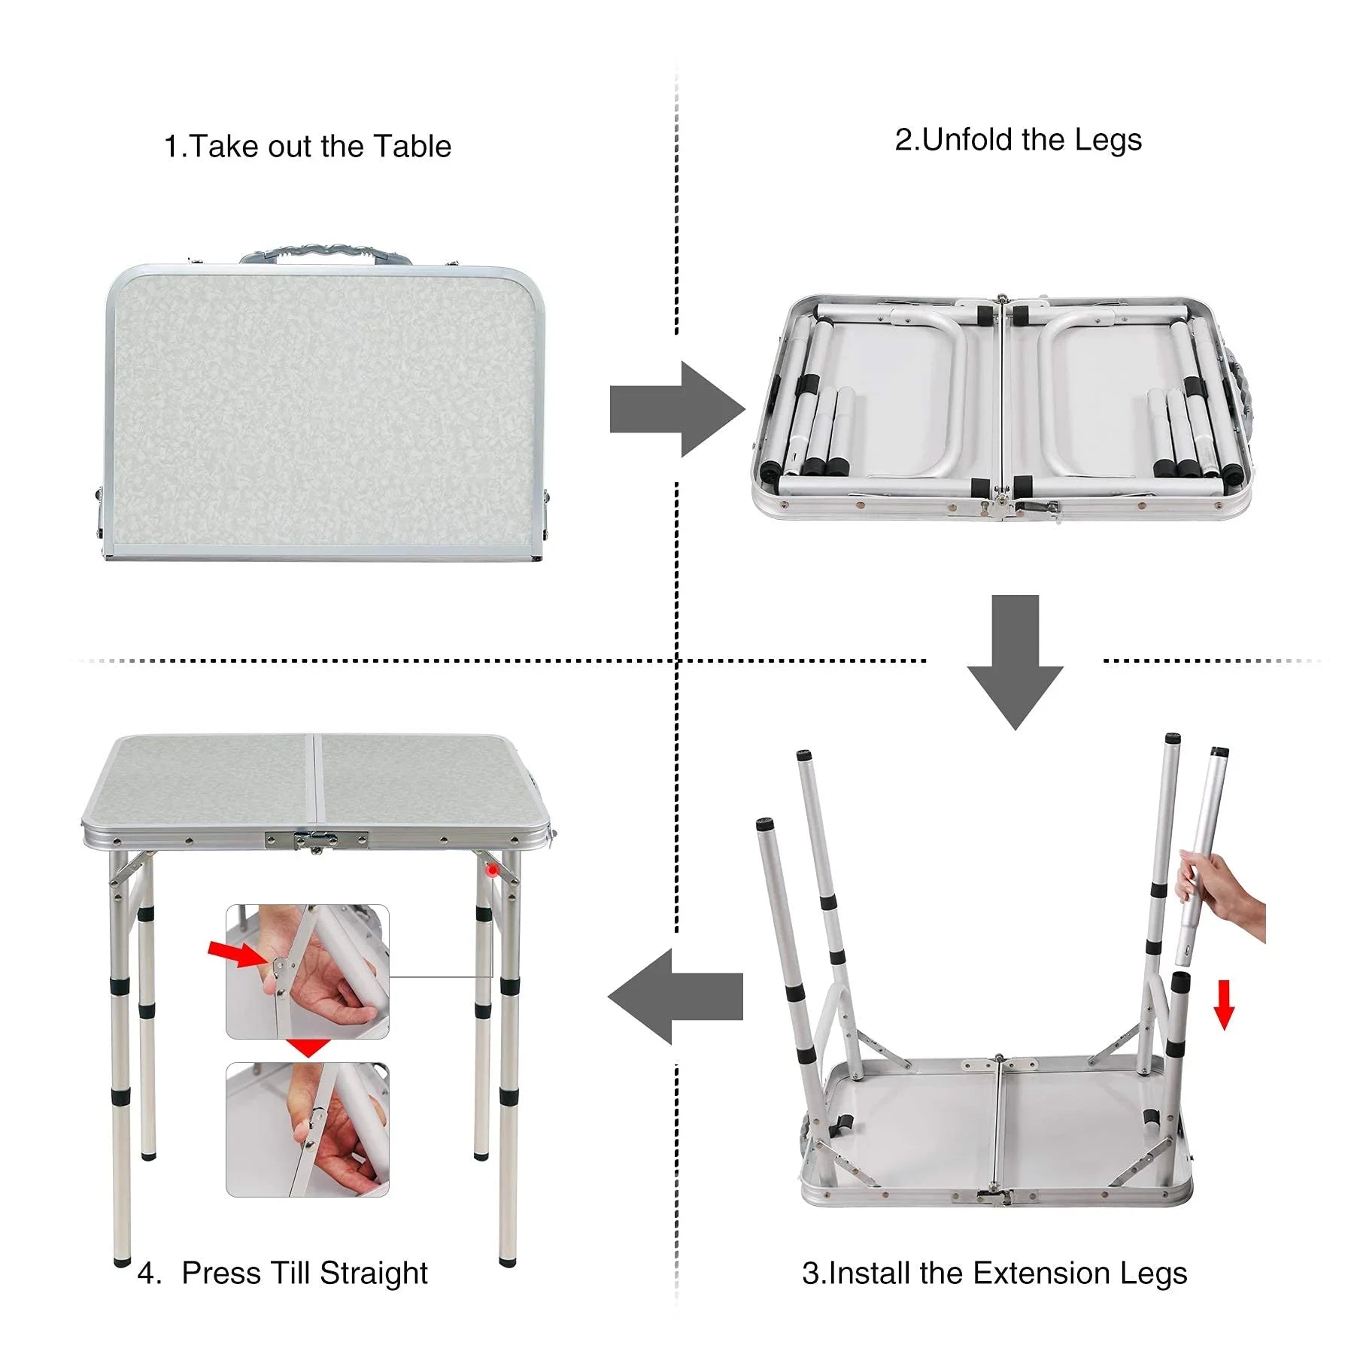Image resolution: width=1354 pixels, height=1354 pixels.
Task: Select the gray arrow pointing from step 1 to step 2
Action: [x=677, y=409]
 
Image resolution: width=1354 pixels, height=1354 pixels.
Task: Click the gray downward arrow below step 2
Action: [x=1015, y=661]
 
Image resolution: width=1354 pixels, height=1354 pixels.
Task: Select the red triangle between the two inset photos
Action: [x=308, y=1048]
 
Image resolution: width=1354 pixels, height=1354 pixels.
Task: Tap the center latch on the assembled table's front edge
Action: [x=317, y=840]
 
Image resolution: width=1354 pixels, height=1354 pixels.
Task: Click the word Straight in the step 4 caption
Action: [x=373, y=1273]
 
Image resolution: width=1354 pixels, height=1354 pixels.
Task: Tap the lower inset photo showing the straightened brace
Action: [x=308, y=1129]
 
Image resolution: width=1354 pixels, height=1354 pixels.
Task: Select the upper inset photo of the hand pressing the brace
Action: [x=308, y=972]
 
